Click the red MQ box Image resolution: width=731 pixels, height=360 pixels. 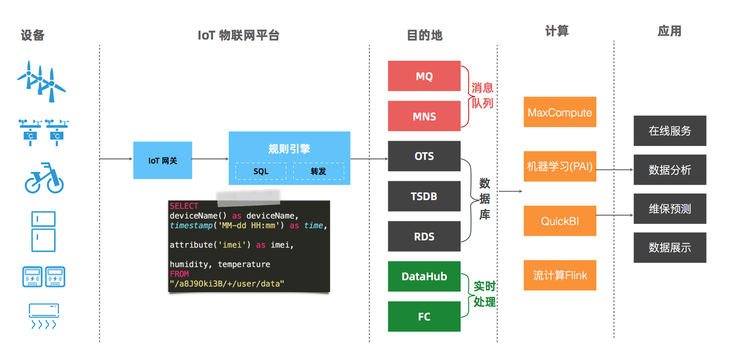424,76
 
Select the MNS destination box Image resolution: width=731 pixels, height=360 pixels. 424,116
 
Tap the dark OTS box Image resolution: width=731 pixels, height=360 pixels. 424,156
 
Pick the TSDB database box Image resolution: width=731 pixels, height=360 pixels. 424,196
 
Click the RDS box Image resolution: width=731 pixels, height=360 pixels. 424,237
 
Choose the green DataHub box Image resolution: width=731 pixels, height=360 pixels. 424,276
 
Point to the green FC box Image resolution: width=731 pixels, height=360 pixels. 424,316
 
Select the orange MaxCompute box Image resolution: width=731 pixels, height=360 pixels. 560,112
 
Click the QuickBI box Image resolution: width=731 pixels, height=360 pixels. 560,221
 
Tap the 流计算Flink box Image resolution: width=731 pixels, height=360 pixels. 560,275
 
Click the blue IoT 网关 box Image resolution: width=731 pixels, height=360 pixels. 163,160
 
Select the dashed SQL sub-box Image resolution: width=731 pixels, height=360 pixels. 261,171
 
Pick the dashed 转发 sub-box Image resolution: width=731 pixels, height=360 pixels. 318,171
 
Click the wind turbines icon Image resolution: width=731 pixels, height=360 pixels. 41,81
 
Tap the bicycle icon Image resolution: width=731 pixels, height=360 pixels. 44,178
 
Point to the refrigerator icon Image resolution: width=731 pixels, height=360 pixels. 44,232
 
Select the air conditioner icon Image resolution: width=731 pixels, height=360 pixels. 44,316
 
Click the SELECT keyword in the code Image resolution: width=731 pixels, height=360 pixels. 184,206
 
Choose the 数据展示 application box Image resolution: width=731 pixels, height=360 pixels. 669,248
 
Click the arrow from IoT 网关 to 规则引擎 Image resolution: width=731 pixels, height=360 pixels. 210,159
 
